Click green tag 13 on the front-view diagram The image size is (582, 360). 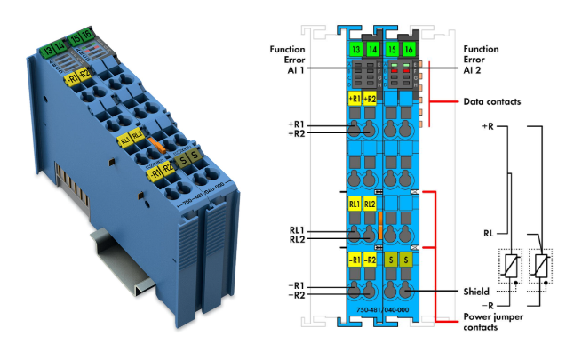(355, 50)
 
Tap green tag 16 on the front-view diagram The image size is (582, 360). (408, 50)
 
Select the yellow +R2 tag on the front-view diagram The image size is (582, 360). (370, 98)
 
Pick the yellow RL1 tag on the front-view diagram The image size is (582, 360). (355, 204)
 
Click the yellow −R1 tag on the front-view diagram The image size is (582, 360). (355, 260)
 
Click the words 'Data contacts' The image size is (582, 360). (490, 102)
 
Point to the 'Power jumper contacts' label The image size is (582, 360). (492, 323)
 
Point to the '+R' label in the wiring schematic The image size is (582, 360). (487, 126)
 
